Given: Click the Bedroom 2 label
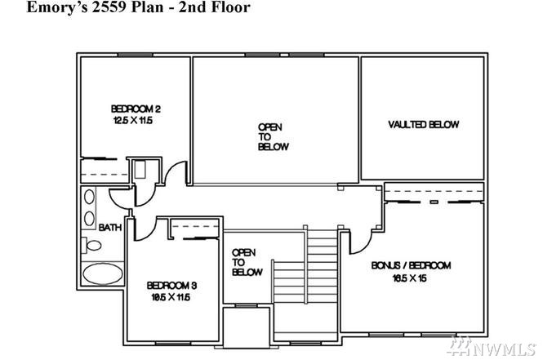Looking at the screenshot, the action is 136,109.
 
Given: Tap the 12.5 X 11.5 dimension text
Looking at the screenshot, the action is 133,121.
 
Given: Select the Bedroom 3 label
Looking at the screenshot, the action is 171,286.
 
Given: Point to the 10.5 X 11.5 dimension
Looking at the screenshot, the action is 171,297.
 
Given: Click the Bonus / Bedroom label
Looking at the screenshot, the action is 411,265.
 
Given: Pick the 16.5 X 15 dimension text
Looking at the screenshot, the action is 409,278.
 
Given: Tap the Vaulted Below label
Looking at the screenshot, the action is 424,125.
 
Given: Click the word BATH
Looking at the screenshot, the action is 110,228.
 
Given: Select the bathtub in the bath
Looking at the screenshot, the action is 103,273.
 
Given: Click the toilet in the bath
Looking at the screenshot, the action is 91,246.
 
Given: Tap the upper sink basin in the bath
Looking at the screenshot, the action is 89,197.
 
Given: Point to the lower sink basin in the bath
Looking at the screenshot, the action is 89,219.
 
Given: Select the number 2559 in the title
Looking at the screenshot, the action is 109,7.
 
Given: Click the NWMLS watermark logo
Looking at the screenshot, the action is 492,346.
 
